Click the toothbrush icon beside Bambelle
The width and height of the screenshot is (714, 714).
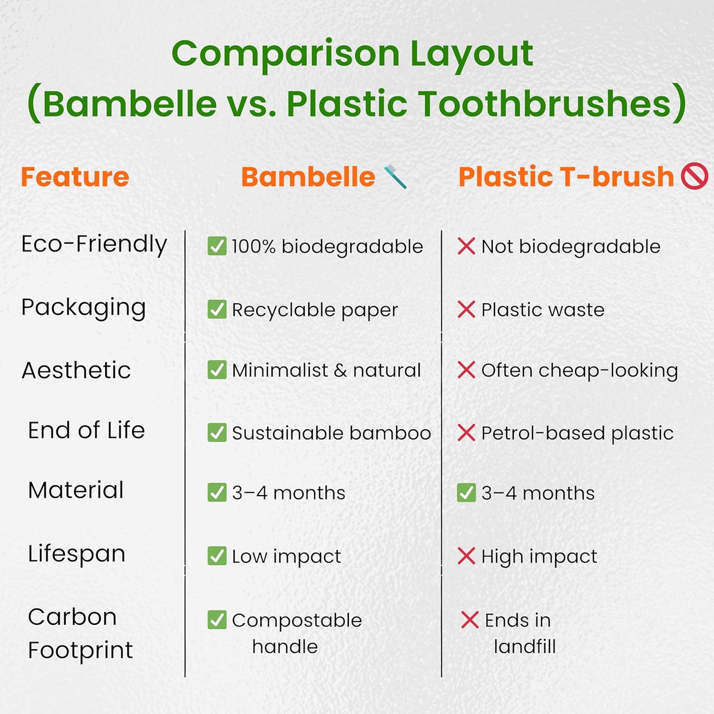click(395, 177)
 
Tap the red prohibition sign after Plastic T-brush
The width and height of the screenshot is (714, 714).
click(694, 176)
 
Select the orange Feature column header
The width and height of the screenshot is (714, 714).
click(75, 177)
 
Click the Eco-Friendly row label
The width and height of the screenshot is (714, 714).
click(94, 244)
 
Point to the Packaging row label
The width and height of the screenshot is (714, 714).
click(84, 307)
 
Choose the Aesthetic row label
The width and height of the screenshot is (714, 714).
click(77, 371)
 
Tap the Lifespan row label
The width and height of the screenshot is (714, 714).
click(77, 553)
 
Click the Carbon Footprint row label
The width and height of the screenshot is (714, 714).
click(80, 633)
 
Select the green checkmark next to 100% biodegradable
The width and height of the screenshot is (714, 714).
click(217, 246)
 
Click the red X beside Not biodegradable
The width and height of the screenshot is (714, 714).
click(466, 246)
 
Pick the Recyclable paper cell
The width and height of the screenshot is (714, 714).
click(315, 310)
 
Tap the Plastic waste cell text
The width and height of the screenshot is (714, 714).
click(543, 310)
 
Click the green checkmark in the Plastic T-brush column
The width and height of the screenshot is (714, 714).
click(466, 493)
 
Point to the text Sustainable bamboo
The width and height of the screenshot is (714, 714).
click(331, 433)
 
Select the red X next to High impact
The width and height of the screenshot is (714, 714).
click(466, 556)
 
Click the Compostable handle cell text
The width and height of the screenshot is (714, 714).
click(296, 632)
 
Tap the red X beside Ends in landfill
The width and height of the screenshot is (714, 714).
click(469, 620)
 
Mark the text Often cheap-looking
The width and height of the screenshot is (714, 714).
click(579, 371)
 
